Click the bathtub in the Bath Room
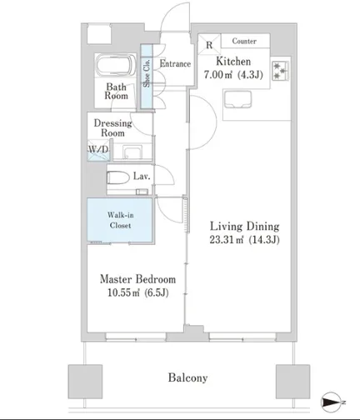pyautogui.click(x=116, y=65)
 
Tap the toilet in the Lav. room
pyautogui.click(x=118, y=177)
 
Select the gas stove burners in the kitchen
pyautogui.click(x=280, y=71)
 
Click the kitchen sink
pyautogui.click(x=238, y=99)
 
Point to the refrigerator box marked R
pyautogui.click(x=209, y=45)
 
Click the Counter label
pyautogui.click(x=244, y=41)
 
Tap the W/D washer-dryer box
pyautogui.click(x=98, y=150)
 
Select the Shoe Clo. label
pyautogui.click(x=147, y=73)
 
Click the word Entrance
pyautogui.click(x=175, y=63)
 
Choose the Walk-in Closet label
pyautogui.click(x=120, y=220)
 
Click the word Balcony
pyautogui.click(x=187, y=377)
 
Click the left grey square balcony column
pyautogui.click(x=85, y=382)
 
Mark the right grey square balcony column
pyautogui.click(x=292, y=382)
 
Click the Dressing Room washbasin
pyautogui.click(x=132, y=152)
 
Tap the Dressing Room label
pyautogui.click(x=112, y=127)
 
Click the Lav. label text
pyautogui.click(x=142, y=176)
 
